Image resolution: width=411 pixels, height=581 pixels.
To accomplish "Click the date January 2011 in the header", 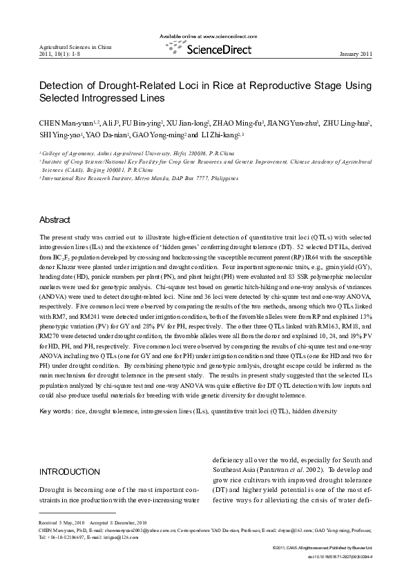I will click(357, 54).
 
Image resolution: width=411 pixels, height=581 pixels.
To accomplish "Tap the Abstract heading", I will click(55, 220).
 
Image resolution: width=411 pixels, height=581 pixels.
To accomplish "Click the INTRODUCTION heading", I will click(70, 471).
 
